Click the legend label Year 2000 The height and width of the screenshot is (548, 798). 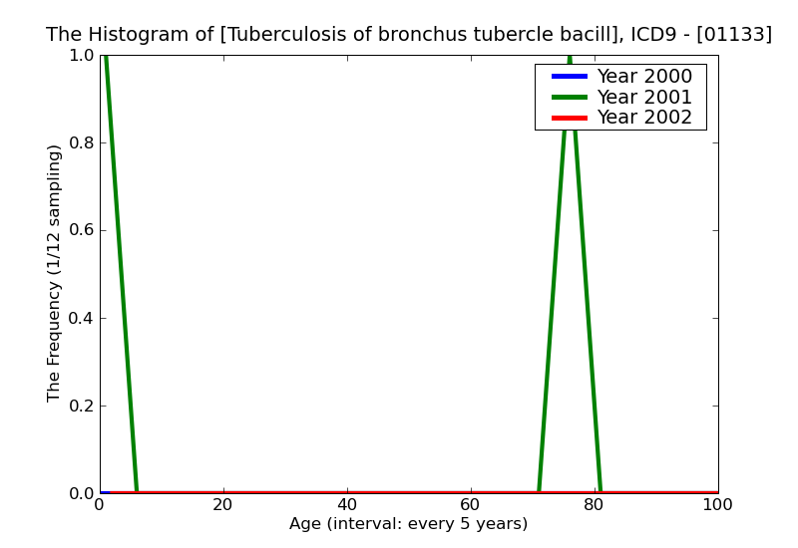point(643,77)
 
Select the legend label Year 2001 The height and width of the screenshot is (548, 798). point(643,97)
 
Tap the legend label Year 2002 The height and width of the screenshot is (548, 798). point(643,118)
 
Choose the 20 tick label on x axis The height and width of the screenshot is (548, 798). point(223,505)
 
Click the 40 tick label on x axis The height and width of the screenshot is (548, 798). point(347,505)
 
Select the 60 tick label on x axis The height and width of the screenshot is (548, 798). point(471,505)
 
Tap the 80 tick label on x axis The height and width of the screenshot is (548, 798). point(595,505)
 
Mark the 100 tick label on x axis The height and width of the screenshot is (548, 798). point(717,505)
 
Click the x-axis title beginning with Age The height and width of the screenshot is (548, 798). point(408,524)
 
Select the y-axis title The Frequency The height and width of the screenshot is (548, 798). point(55,273)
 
